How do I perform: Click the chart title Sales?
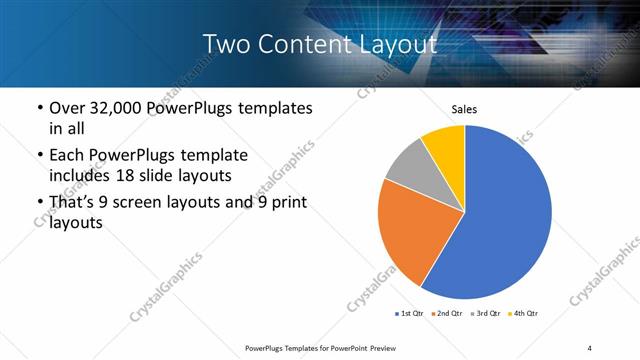coord(464,108)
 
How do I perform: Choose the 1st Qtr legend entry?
coord(410,314)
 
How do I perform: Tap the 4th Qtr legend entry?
coord(525,314)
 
